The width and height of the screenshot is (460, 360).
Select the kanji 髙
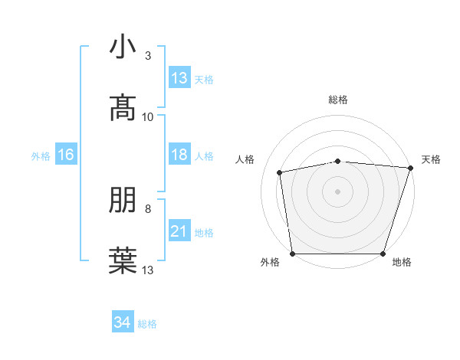click(x=123, y=109)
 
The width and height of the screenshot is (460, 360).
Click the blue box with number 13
click(x=179, y=77)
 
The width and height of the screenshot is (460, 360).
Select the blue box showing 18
click(x=179, y=155)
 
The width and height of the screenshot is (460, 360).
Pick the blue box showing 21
click(x=179, y=231)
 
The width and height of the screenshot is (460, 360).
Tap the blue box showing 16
click(x=66, y=155)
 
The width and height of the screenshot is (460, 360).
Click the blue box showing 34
click(x=123, y=322)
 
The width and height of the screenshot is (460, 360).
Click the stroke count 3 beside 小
click(x=148, y=55)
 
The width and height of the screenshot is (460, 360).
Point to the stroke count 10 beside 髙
click(x=148, y=117)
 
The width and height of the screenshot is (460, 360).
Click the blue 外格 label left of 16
click(x=41, y=155)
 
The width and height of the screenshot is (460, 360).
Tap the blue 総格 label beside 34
click(x=148, y=323)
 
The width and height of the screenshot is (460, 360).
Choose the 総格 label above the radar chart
click(x=338, y=100)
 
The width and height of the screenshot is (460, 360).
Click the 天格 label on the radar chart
click(x=432, y=159)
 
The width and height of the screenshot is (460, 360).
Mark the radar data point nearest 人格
click(x=280, y=172)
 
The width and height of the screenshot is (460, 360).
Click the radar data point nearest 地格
click(x=383, y=254)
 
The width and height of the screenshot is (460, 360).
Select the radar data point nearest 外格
click(x=293, y=254)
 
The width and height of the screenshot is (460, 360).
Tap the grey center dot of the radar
click(x=338, y=191)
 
